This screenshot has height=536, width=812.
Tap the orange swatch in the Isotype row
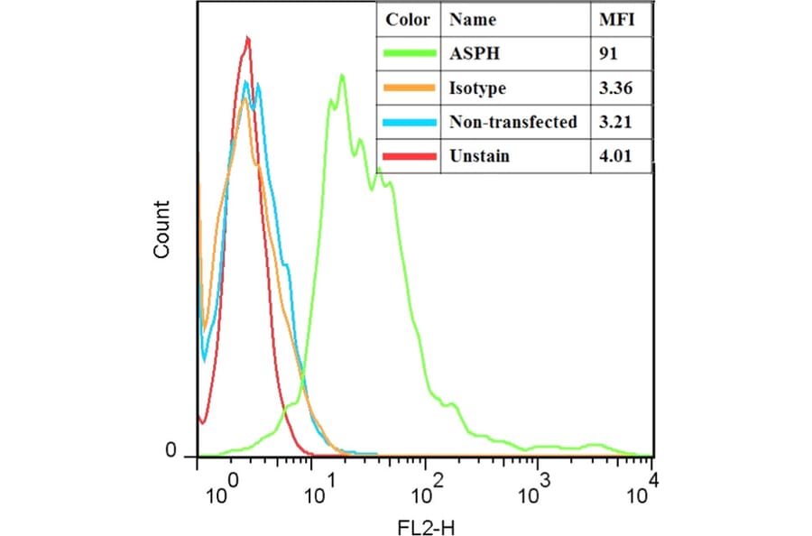(x=409, y=88)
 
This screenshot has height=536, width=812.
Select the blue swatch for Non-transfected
(x=409, y=123)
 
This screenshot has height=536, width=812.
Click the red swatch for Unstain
(x=409, y=156)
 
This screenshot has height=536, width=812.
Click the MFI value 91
(x=608, y=54)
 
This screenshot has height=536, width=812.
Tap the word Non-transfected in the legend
(x=513, y=123)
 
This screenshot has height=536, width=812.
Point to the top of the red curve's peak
(x=247, y=38)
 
